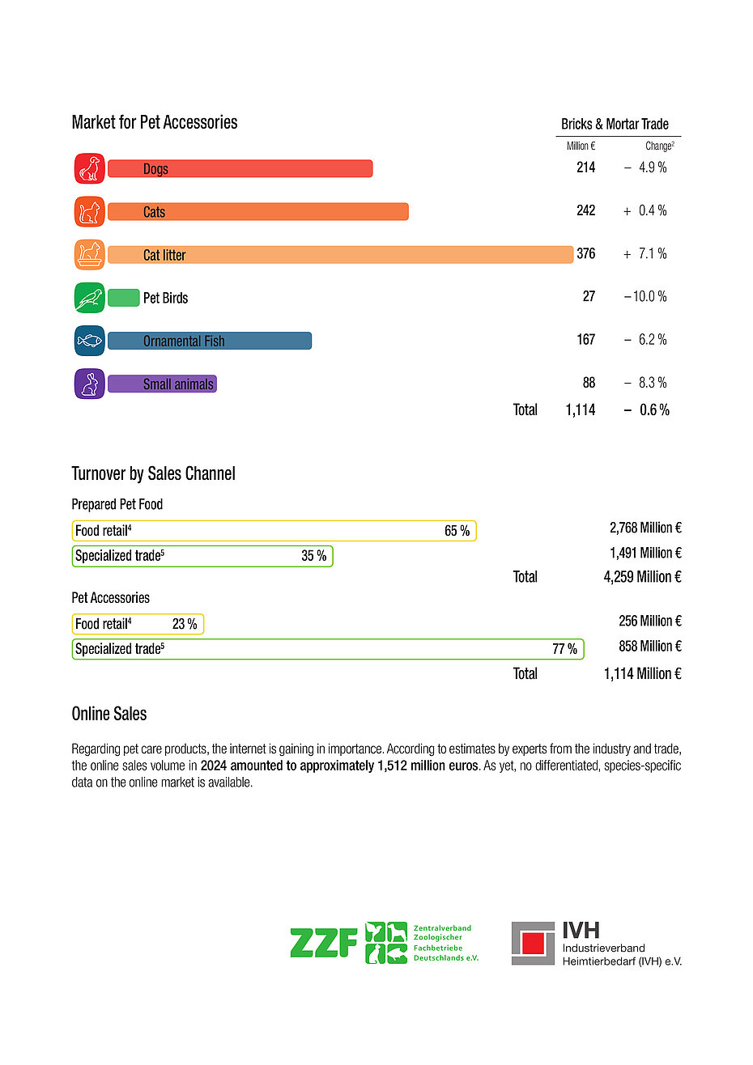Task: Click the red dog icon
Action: point(89,168)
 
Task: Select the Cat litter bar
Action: point(340,255)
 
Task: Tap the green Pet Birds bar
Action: point(124,298)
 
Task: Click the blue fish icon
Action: point(89,341)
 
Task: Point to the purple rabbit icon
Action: point(89,384)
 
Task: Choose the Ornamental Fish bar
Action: point(210,341)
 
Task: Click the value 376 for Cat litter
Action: point(585,254)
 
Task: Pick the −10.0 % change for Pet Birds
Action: point(645,297)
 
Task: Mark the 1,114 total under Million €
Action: point(581,410)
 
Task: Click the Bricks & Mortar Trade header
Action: point(615,125)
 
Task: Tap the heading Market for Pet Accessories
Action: point(155,123)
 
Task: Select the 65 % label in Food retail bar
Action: point(457,532)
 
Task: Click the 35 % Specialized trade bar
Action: point(202,556)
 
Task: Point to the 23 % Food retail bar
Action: point(138,624)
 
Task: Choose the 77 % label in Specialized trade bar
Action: point(564,649)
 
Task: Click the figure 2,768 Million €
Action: point(645,528)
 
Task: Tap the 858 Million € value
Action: point(650,647)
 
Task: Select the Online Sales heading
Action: point(109,714)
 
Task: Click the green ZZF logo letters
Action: point(324,944)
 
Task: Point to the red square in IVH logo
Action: point(533,944)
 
